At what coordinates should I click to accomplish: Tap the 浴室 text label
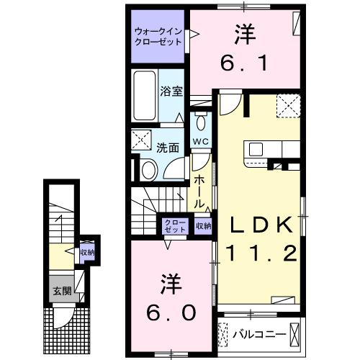170,92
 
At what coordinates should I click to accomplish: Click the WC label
199,142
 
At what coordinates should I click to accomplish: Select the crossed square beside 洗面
141,139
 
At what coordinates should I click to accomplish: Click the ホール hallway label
199,189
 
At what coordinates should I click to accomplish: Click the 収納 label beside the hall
204,225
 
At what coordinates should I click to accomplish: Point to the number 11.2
261,253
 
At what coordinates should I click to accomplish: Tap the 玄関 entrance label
60,292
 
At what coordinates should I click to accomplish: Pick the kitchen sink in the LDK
257,149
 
